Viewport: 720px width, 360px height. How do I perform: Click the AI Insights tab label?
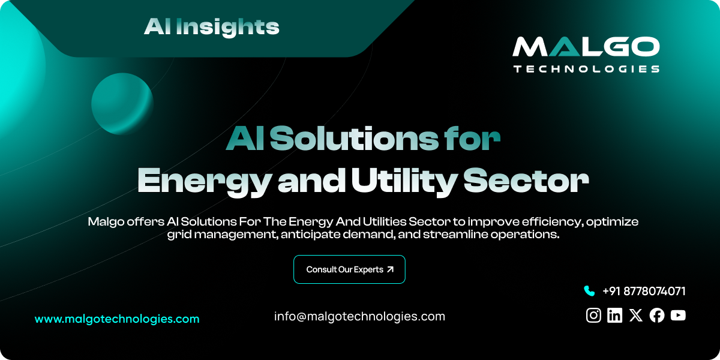click(211, 26)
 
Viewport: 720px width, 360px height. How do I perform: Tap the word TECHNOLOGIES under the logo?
click(586, 69)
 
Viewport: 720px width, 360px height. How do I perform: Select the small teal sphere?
click(122, 103)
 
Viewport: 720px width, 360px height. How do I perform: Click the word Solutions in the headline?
click(353, 139)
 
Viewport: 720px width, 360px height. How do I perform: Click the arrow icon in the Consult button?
click(391, 269)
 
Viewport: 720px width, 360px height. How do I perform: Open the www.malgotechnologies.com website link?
click(117, 319)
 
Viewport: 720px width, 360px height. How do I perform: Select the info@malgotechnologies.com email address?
click(359, 316)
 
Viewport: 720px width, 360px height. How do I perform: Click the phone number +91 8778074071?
click(644, 291)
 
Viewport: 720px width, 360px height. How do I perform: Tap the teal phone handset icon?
click(589, 291)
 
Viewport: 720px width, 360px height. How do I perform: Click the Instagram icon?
click(593, 316)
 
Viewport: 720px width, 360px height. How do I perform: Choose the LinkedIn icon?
click(614, 316)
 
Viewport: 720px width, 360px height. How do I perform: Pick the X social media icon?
click(635, 316)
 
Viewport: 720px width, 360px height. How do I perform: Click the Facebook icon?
click(657, 316)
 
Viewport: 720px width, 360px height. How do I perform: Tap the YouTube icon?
click(678, 316)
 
